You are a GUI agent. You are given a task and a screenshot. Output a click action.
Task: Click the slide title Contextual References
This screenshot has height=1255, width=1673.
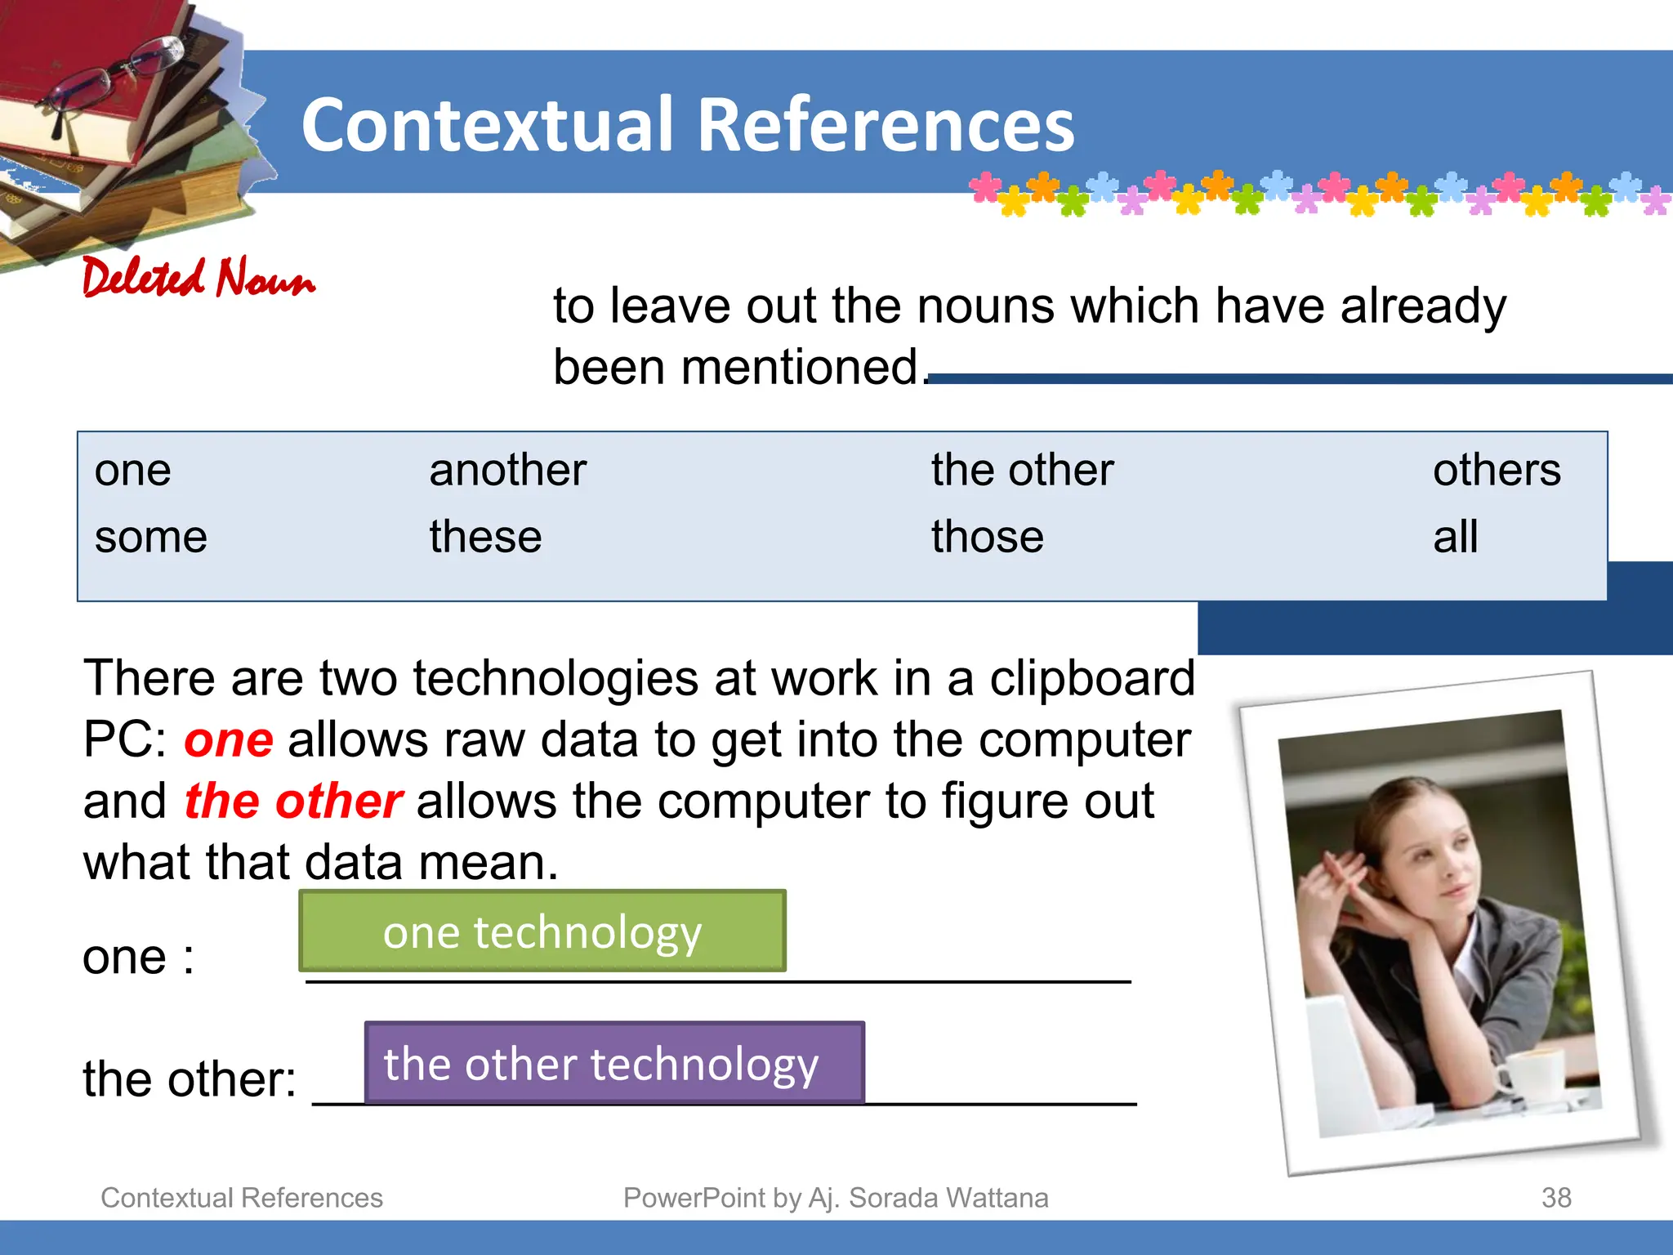688,125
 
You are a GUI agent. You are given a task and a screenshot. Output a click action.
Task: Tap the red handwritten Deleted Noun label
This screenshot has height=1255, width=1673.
199,278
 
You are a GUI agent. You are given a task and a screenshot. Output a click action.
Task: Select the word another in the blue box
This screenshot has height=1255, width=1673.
508,471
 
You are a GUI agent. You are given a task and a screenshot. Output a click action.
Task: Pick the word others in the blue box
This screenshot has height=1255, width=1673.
1497,471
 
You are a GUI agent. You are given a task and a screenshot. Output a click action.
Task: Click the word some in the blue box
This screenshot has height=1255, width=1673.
151,538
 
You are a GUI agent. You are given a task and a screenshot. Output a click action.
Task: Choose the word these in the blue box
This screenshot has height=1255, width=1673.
485,538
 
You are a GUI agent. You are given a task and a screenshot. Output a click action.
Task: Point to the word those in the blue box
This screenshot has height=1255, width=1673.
988,538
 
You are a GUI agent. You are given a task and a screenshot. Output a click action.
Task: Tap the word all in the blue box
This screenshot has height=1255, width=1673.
1455,538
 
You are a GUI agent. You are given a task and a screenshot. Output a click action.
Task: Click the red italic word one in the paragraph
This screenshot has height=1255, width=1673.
229,740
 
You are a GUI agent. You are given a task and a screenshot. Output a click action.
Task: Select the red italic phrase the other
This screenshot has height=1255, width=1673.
293,802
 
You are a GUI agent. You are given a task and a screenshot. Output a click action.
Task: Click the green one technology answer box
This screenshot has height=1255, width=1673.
542,931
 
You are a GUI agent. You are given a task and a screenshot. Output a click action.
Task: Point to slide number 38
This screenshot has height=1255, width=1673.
1556,1198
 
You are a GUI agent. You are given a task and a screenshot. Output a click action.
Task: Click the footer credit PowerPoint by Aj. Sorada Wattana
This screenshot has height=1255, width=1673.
836,1198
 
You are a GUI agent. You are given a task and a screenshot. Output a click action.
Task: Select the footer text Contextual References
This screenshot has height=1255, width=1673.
242,1198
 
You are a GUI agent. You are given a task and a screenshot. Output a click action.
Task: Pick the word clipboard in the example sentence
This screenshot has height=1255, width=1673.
1092,678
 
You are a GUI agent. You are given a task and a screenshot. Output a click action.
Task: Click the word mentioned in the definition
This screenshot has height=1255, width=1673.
801,367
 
